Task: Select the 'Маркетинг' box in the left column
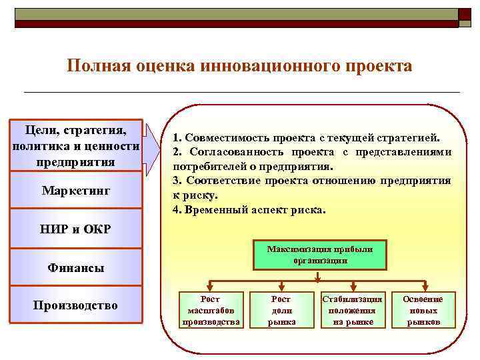click(x=76, y=191)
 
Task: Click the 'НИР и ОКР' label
click(x=76, y=229)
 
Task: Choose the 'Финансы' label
click(x=76, y=268)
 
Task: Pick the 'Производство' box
click(x=76, y=305)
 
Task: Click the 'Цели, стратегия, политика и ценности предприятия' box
click(x=76, y=145)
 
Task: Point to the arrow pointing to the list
click(x=155, y=147)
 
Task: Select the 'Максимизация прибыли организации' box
click(x=320, y=255)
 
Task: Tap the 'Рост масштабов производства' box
click(x=211, y=311)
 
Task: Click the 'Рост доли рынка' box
click(x=281, y=311)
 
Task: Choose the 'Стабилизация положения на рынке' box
click(x=352, y=311)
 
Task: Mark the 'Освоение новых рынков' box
click(x=423, y=311)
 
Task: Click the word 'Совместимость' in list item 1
click(x=223, y=139)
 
